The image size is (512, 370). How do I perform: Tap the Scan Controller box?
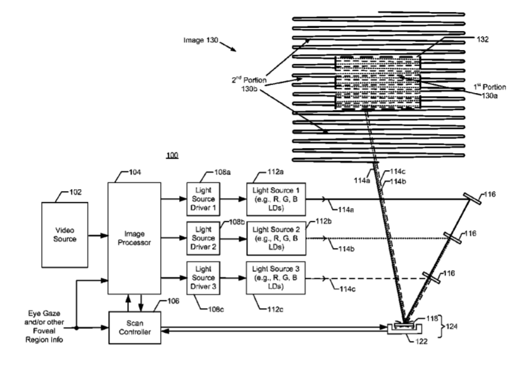point(134,327)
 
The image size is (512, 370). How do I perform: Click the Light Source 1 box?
point(275,199)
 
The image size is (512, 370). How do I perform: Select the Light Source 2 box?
point(275,238)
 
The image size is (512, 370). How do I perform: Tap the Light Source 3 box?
point(275,278)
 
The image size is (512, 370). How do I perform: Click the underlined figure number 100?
point(172,155)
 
